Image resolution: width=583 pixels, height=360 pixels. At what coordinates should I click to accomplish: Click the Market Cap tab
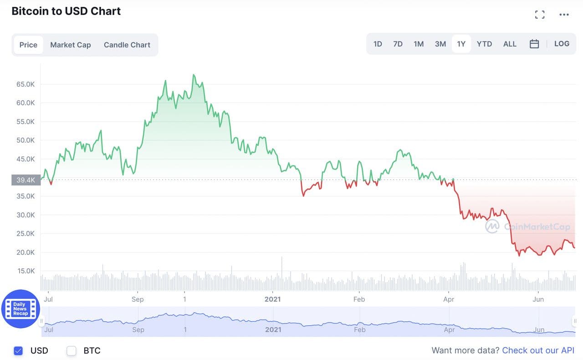(71, 45)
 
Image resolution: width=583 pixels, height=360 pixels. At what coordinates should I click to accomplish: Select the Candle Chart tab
(127, 45)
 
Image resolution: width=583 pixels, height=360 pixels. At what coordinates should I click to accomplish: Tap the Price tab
(28, 45)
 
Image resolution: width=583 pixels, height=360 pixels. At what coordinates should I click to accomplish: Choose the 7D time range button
(398, 44)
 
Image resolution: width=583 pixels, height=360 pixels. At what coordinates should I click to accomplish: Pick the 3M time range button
(440, 44)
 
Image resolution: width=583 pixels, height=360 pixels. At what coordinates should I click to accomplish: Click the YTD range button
(484, 44)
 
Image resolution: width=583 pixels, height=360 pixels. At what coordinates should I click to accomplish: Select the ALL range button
(510, 44)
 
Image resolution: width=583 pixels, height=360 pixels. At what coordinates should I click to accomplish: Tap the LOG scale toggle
(562, 44)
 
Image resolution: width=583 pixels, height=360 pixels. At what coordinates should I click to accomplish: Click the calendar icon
(534, 44)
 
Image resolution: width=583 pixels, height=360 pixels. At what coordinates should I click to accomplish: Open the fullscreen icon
(540, 15)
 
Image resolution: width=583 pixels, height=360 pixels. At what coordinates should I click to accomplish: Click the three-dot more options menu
(564, 15)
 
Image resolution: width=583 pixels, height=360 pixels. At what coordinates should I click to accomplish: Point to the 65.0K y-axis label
(26, 84)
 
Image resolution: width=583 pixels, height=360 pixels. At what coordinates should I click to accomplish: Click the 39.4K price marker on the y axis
(26, 180)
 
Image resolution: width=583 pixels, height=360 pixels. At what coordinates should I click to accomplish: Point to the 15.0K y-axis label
(26, 271)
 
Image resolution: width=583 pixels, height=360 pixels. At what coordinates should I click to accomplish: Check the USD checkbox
(18, 350)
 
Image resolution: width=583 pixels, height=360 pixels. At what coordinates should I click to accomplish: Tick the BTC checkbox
(72, 350)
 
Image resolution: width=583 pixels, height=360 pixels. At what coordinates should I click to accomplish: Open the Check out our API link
(538, 350)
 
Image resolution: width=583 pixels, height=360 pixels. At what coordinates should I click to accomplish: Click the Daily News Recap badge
(20, 309)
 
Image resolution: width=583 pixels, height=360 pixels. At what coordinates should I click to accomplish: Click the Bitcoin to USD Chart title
(66, 11)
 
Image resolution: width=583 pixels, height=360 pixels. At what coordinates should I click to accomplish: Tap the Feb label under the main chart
(359, 299)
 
